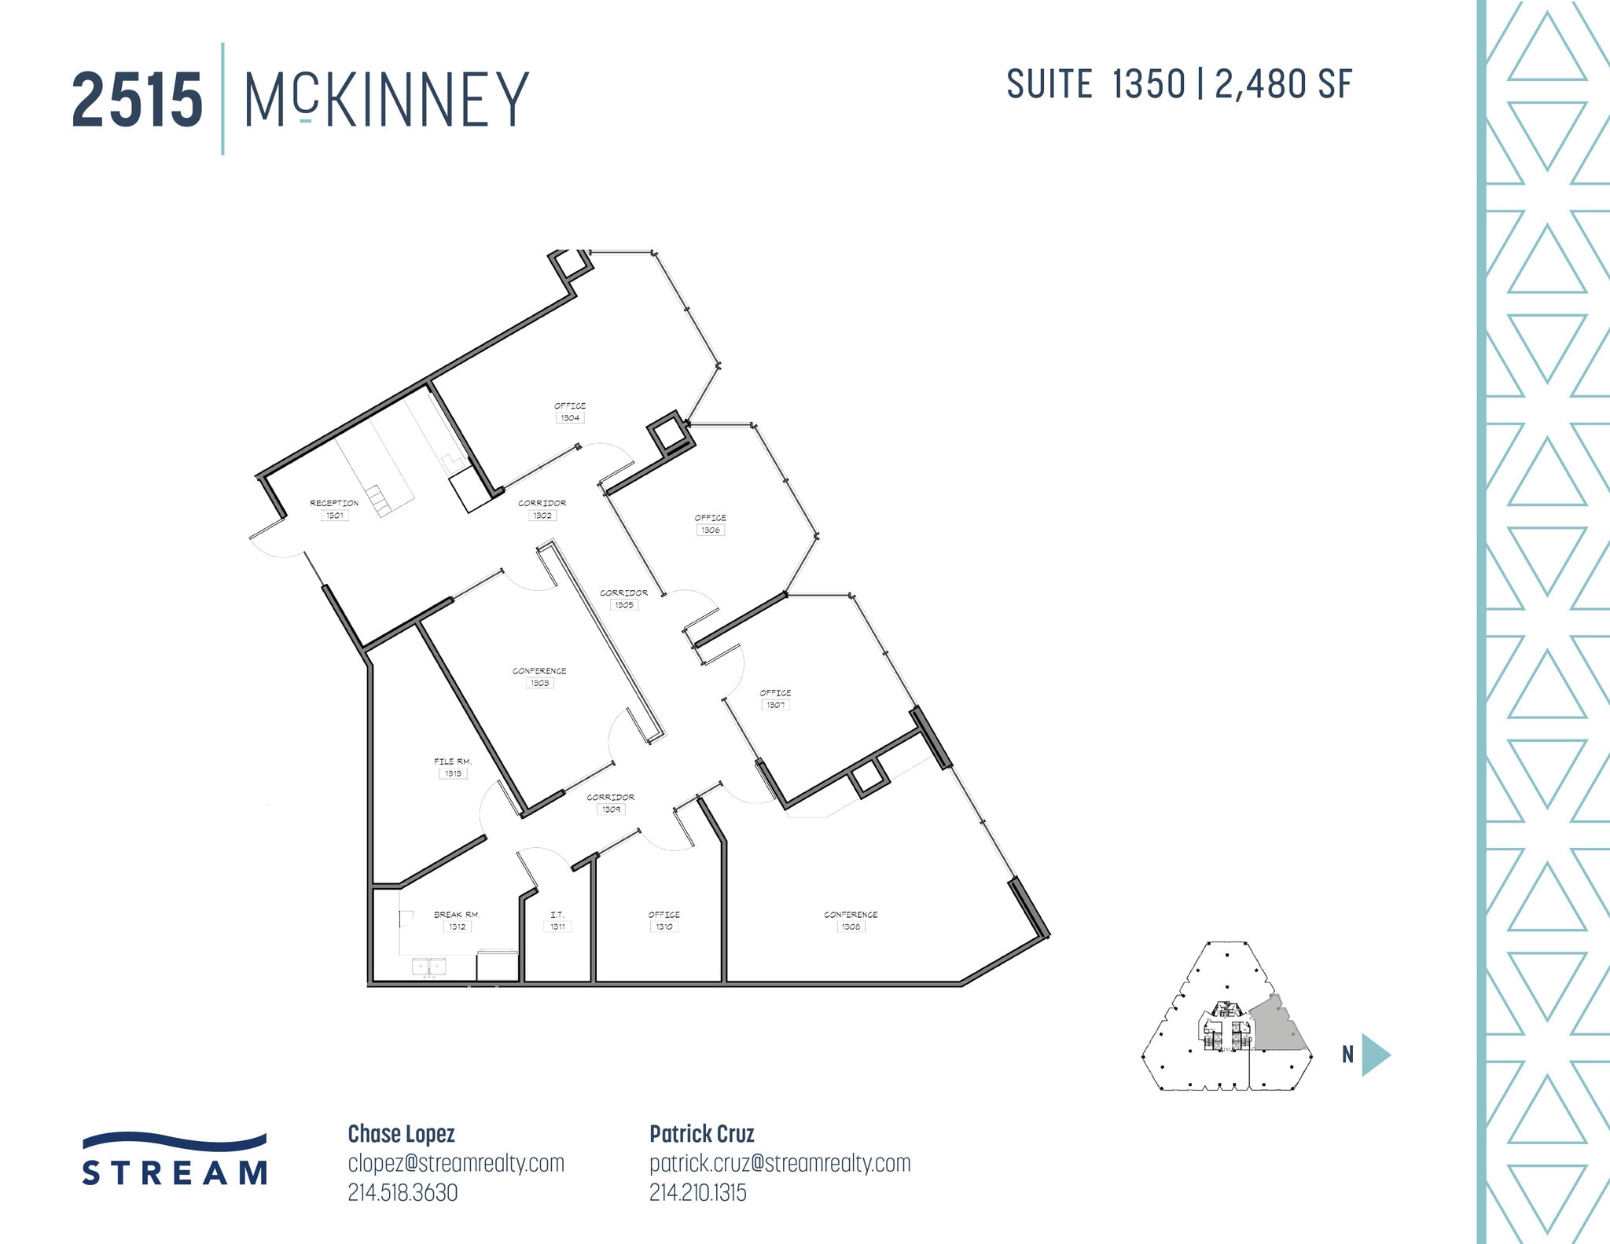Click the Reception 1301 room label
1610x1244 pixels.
(334, 509)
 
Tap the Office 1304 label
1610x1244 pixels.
(570, 412)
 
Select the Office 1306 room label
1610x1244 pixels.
(710, 524)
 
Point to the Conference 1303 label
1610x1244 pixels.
(539, 677)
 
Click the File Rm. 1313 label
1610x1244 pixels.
(453, 767)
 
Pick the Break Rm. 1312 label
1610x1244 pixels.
(457, 920)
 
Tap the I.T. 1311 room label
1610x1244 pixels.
(557, 920)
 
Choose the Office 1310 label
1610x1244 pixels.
(664, 920)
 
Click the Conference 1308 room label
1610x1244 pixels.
(851, 920)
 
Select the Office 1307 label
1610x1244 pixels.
(775, 699)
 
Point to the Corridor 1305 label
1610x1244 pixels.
(624, 599)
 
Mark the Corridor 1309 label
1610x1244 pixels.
(611, 803)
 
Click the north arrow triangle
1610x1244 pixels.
(1374, 1054)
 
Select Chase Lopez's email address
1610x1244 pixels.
(456, 1163)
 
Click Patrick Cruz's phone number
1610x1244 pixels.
(697, 1193)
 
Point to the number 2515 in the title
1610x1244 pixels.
(138, 100)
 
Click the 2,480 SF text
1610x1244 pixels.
(1283, 85)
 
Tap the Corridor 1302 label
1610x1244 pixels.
(542, 509)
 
